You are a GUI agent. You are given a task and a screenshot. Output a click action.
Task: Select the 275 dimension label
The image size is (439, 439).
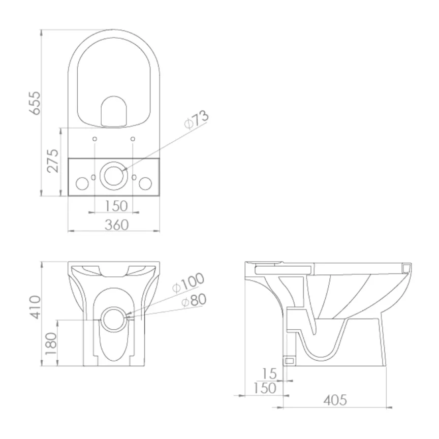(x=53, y=161)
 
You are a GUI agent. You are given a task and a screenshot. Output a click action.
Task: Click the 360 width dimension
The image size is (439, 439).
(x=116, y=224)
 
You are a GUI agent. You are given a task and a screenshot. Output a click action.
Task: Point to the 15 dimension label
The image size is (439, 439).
(x=270, y=373)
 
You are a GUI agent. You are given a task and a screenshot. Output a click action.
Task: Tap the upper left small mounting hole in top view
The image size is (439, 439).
(x=95, y=139)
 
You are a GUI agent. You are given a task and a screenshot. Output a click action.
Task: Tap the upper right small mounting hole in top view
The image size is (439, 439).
(x=133, y=139)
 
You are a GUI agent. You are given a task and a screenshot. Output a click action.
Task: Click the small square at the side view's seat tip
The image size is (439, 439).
(x=406, y=267)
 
